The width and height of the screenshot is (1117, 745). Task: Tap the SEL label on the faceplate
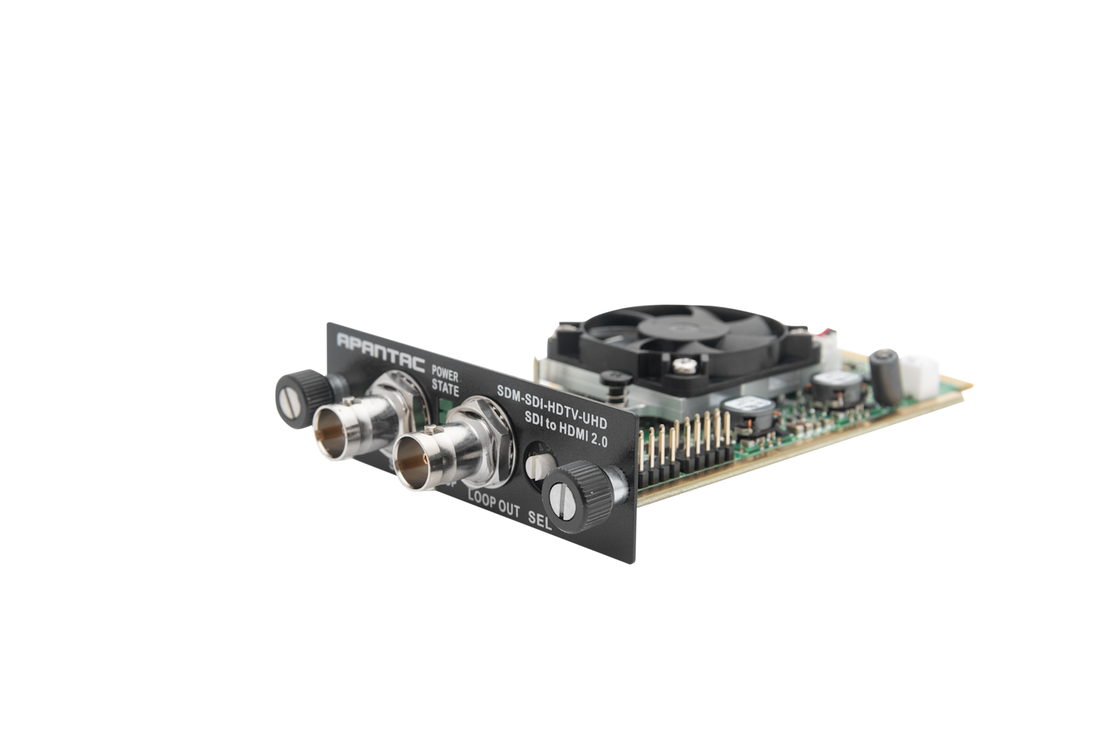(x=540, y=521)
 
